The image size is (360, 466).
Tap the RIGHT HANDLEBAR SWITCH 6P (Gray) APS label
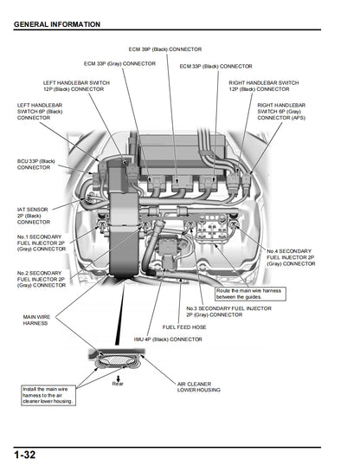pyautogui.click(x=286, y=111)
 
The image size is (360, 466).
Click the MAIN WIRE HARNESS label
pyautogui.click(x=36, y=320)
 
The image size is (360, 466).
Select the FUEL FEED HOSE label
pyautogui.click(x=184, y=327)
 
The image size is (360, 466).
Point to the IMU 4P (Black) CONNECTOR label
pyautogui.click(x=168, y=340)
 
